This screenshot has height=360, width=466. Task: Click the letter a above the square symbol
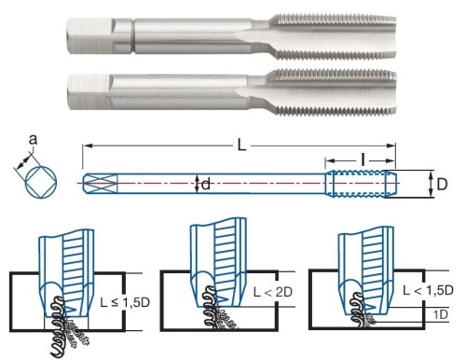coord(33,140)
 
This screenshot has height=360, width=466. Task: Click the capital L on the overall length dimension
coord(241,145)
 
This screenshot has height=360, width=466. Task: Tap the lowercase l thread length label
coord(363,160)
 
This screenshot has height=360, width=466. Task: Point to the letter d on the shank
coord(206,184)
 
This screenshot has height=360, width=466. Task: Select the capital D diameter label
coord(442,185)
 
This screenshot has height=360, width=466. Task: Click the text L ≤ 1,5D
coord(125,302)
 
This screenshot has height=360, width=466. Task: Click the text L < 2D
coord(273,292)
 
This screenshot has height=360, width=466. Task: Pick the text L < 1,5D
coord(428,290)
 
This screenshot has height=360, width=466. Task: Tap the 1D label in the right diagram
coord(441,315)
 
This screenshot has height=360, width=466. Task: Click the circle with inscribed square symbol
coord(41,182)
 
